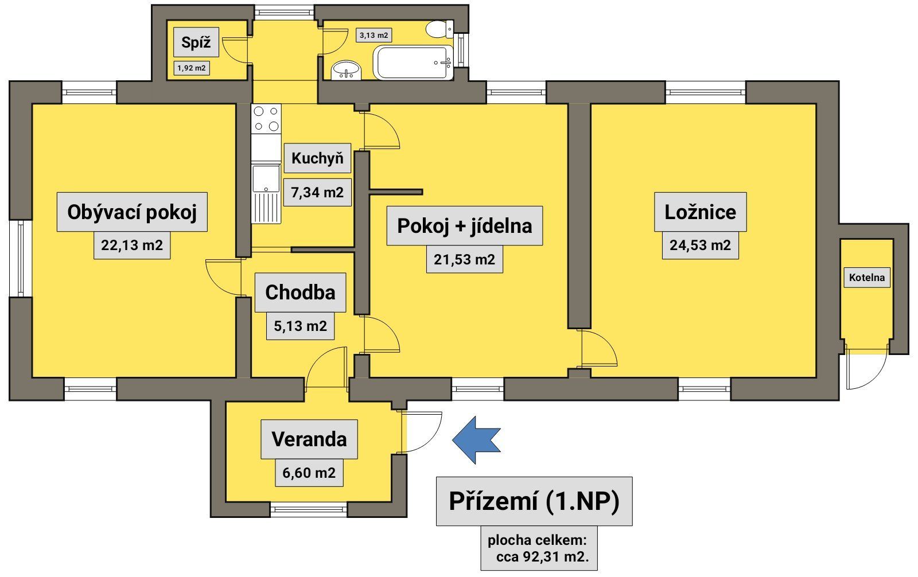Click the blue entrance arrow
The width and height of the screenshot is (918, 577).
(x=476, y=440)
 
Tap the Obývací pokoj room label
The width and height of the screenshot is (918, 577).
(x=132, y=212)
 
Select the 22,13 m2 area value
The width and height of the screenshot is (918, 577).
(x=132, y=246)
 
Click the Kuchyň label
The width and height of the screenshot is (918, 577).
(x=317, y=158)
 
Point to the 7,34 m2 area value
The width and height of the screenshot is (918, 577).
(x=317, y=192)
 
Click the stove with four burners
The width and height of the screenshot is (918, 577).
(x=266, y=118)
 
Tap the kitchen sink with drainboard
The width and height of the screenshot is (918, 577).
(x=266, y=194)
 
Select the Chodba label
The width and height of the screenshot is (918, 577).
(x=300, y=293)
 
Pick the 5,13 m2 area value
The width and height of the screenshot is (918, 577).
(x=300, y=326)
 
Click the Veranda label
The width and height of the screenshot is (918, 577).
(x=309, y=439)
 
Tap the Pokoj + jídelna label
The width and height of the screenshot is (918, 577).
(x=464, y=226)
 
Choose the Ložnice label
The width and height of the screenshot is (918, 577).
(x=700, y=212)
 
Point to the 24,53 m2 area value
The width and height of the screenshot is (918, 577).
(x=700, y=245)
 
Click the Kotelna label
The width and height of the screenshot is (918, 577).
(x=867, y=278)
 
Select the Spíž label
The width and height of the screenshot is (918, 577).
(x=196, y=42)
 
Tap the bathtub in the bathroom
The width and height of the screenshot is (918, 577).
(x=413, y=62)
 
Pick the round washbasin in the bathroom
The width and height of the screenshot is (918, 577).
(x=347, y=70)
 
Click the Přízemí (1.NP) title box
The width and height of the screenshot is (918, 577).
(x=534, y=501)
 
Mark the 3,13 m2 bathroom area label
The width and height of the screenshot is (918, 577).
(x=374, y=35)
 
